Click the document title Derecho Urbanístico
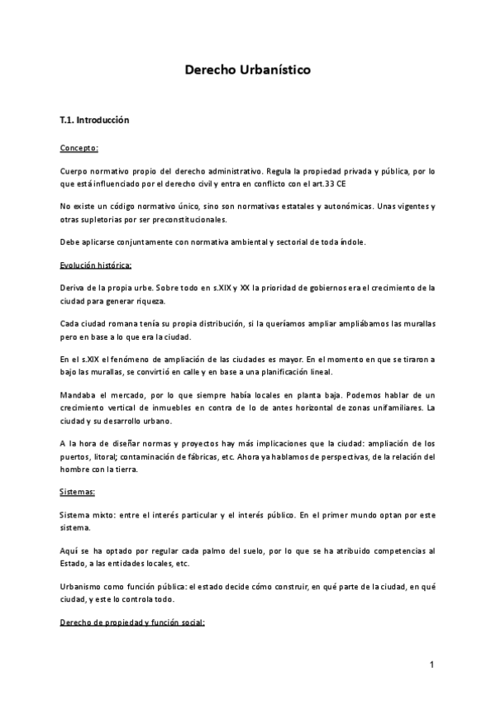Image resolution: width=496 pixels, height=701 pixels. click(247, 71)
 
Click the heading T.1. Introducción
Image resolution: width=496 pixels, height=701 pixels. click(95, 120)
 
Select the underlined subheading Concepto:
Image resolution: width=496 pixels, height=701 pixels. click(79, 149)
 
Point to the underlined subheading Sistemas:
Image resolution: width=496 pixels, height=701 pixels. click(78, 492)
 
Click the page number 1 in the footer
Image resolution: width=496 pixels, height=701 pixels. click(432, 665)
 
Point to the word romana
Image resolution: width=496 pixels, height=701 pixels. click(126, 317)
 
